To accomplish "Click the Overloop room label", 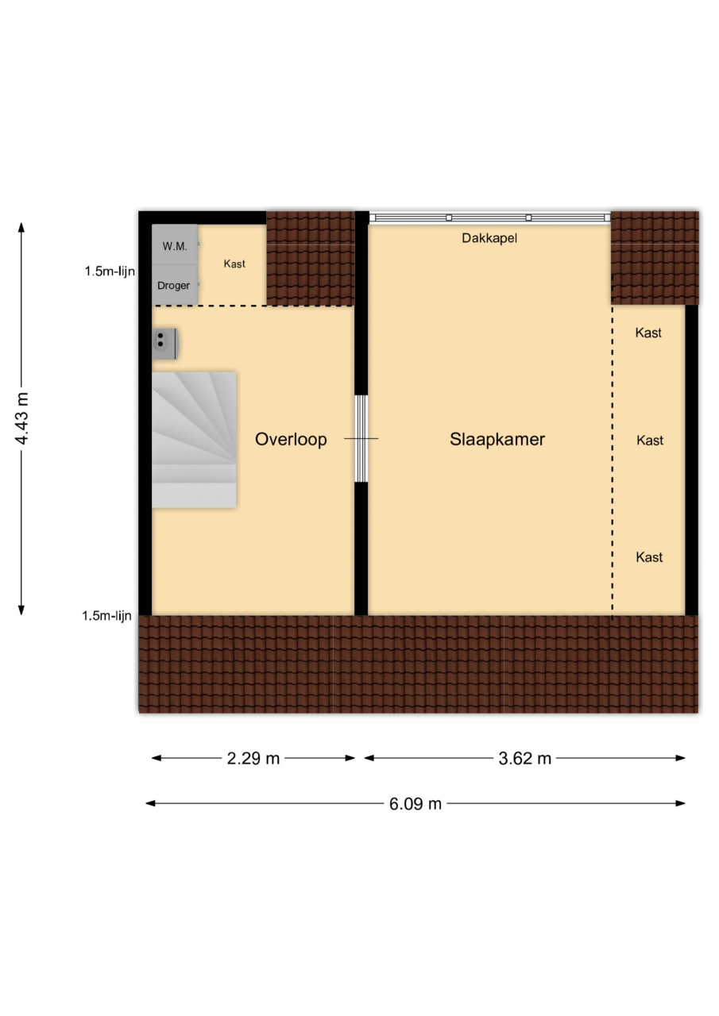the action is point(291,439).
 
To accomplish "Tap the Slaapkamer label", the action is point(497,439).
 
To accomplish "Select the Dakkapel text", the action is point(489,238).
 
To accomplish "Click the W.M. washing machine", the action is point(175,244).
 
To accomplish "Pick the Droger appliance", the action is point(175,285).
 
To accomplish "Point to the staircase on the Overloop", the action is point(194,440).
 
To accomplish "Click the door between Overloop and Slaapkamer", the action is point(361,439).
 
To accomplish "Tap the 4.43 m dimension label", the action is point(21,418).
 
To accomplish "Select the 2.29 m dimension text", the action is point(253,758).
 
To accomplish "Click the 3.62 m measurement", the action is point(524,758).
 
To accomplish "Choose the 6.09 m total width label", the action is point(416,804).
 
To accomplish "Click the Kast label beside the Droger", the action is point(234,264).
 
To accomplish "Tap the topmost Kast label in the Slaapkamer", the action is point(648,333).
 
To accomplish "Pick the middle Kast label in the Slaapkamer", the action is point(650,441).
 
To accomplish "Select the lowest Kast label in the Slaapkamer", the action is point(649,557).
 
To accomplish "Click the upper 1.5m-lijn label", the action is point(110,271).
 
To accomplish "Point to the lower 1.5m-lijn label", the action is point(106,616).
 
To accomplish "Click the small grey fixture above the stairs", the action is point(164,344).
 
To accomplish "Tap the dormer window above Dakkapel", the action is point(489,217).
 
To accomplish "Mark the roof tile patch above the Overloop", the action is point(311,258).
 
